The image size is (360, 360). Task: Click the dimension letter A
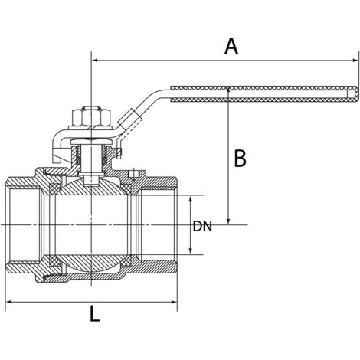[231, 46]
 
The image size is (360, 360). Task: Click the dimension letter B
[241, 159]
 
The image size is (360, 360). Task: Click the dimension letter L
[95, 314]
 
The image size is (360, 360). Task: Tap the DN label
[202, 226]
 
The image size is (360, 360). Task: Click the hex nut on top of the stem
[91, 117]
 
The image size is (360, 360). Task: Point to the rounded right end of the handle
[355, 93]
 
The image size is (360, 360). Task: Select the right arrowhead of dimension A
[355, 61]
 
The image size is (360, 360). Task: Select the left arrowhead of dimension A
[95, 61]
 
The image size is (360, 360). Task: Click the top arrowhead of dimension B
[228, 90]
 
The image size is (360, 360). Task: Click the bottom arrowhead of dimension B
[228, 221]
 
